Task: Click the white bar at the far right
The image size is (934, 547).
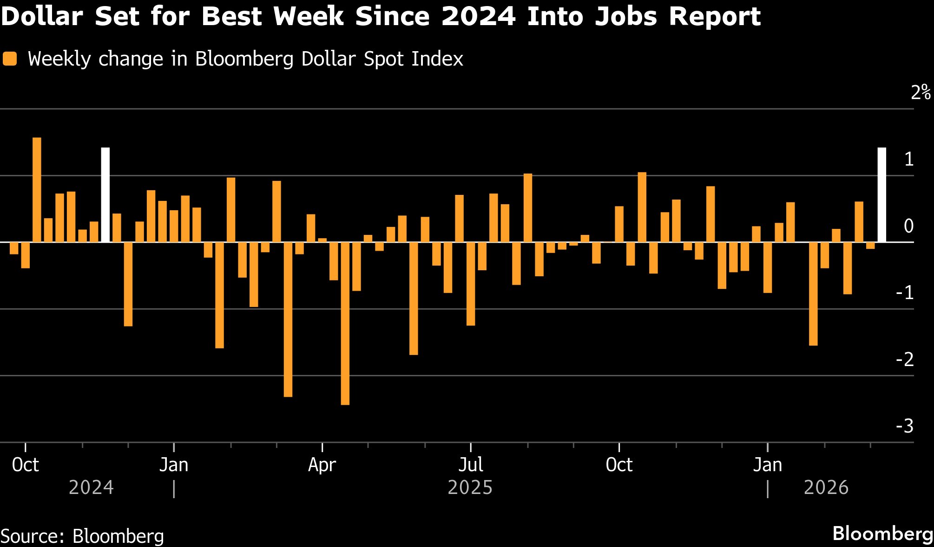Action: coord(881,195)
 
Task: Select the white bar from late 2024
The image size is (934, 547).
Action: coord(105,195)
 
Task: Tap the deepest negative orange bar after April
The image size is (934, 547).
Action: coord(345,323)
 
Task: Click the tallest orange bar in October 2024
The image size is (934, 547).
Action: coord(37,190)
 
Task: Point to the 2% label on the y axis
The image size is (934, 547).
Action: coord(921,93)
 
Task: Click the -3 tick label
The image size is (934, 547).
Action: coord(905,426)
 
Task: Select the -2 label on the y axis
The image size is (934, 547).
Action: coord(905,359)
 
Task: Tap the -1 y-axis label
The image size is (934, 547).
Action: coord(905,293)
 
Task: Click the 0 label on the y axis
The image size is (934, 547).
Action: coord(909,226)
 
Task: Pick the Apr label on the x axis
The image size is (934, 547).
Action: coord(322,465)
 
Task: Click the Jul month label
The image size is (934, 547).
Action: coord(471,465)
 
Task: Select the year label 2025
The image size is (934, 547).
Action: coord(470,487)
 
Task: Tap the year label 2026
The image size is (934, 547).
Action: coord(826,487)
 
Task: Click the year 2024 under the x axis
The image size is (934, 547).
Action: coord(91,487)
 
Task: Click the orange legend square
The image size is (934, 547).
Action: coord(10,59)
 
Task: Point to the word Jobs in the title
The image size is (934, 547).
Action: coord(628,16)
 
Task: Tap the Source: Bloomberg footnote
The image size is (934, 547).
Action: coord(82,536)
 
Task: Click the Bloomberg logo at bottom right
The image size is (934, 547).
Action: coord(883,534)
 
